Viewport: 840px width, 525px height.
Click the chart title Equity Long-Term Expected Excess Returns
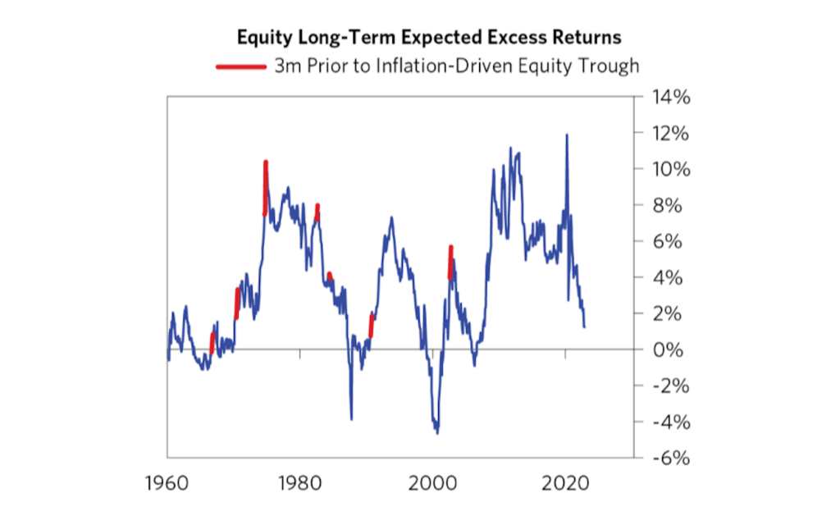click(x=428, y=38)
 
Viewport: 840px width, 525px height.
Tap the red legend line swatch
click(x=242, y=67)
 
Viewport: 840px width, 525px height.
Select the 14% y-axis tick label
click(x=666, y=97)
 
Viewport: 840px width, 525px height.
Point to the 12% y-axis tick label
click(x=666, y=133)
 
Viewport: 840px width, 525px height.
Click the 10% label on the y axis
click(x=666, y=169)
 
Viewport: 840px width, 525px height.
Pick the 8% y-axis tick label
click(x=666, y=205)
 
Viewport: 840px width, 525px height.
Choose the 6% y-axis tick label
click(x=666, y=241)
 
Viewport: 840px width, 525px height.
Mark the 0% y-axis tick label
click(x=666, y=349)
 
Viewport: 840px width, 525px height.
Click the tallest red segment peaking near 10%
click(x=266, y=185)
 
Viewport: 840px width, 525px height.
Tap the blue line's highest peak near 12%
click(x=566, y=135)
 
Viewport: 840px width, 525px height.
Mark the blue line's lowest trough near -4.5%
click(x=437, y=431)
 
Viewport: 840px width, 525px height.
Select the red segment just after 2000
click(x=450, y=261)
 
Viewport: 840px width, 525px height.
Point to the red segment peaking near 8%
click(x=317, y=212)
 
